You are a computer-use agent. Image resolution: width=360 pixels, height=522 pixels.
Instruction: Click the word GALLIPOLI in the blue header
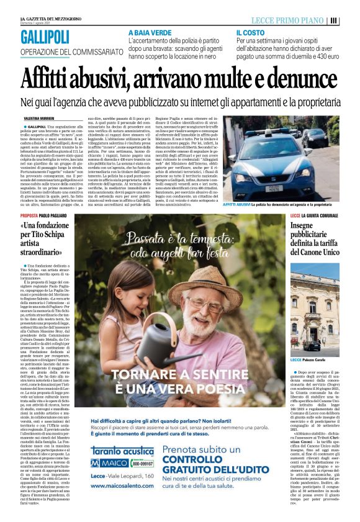(45, 38)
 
